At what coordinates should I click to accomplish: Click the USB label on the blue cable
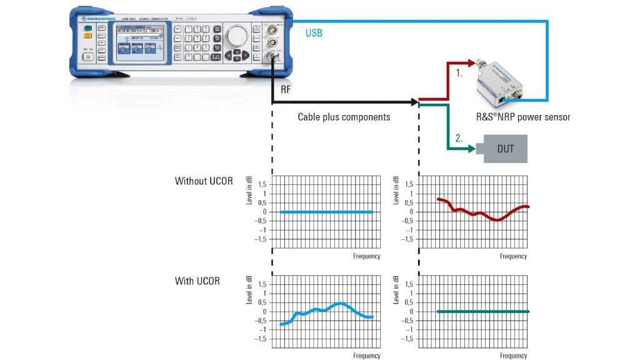[314, 33]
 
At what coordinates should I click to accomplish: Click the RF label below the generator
[286, 89]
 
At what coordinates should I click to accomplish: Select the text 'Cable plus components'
[343, 117]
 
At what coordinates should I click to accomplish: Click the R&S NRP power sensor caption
[523, 117]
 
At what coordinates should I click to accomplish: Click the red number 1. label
[459, 73]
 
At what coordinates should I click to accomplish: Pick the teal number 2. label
[459, 139]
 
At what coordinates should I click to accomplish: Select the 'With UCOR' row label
[197, 281]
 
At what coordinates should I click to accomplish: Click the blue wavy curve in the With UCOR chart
[325, 310]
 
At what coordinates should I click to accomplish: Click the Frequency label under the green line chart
[513, 356]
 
